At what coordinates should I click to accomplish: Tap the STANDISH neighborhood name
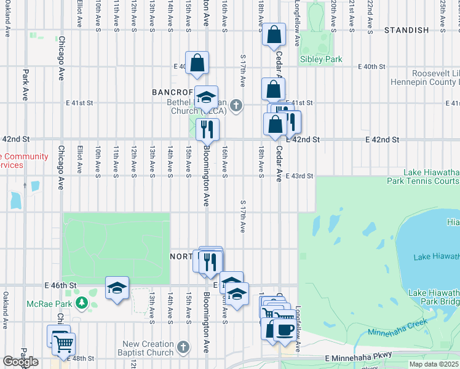click(406, 30)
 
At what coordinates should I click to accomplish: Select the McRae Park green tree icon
click(82, 303)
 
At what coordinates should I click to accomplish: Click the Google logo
click(20, 362)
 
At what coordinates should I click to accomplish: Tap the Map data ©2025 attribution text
click(434, 364)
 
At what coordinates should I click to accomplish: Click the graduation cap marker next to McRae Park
click(117, 288)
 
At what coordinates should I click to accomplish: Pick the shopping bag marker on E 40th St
click(197, 63)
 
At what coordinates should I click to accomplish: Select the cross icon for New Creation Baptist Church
click(182, 348)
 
